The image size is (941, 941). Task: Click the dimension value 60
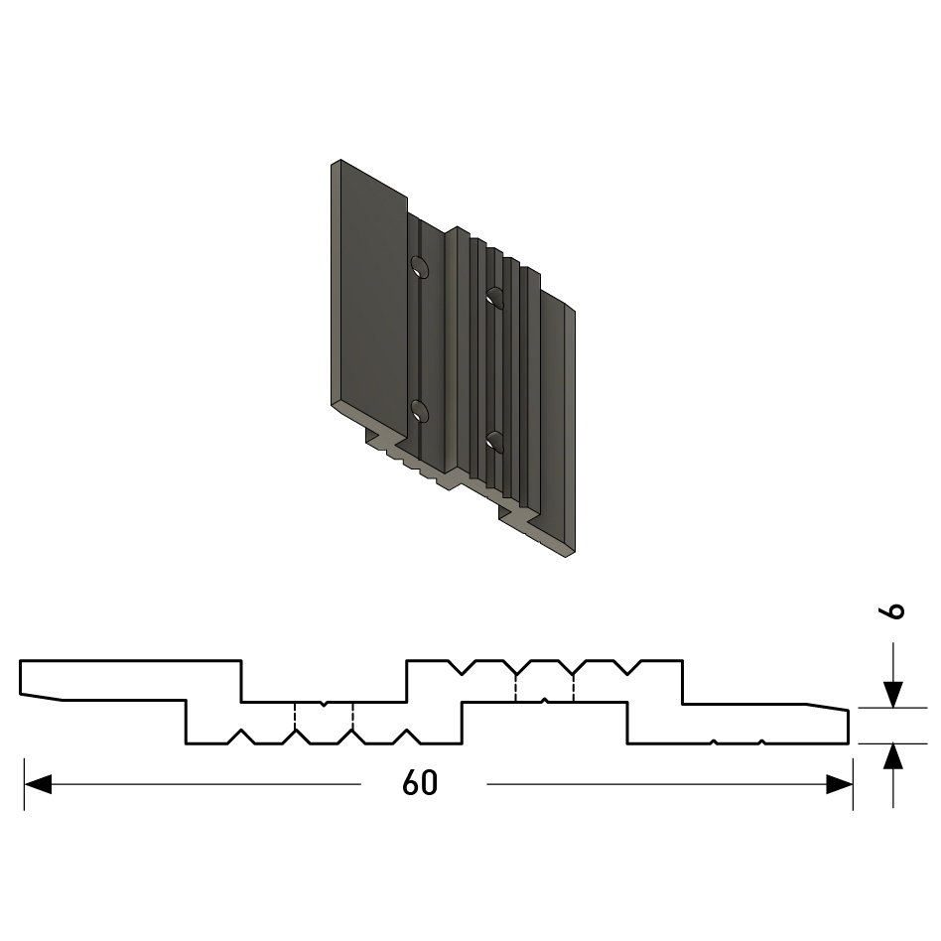coord(420,783)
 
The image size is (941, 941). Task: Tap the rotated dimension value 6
coord(891,611)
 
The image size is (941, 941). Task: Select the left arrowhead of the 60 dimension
coord(38,784)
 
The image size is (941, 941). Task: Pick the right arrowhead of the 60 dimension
coord(839,784)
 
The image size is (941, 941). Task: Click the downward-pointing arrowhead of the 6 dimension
coord(893,695)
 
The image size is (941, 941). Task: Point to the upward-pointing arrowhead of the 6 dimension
coord(893,756)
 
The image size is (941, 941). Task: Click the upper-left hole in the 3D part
coord(420,266)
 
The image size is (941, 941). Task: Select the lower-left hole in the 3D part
coord(420,412)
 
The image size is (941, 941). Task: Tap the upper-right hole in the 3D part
coord(494,298)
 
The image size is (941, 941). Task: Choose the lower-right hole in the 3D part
coord(494,442)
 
